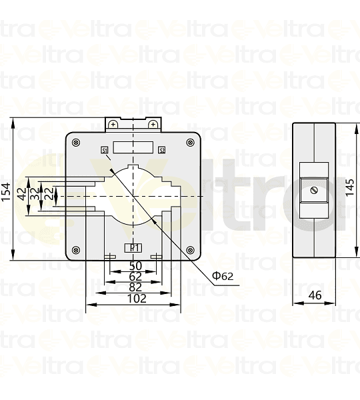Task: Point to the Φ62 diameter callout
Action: pos(223,275)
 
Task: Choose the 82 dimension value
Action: pos(135,287)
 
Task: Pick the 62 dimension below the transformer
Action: pos(135,276)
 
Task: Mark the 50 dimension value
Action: pos(135,265)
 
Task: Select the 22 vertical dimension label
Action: pos(47,197)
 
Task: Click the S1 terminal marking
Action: pos(105,150)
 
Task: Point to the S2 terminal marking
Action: pos(162,150)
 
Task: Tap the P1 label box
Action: pos(133,248)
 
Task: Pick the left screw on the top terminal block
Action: pos(114,125)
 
